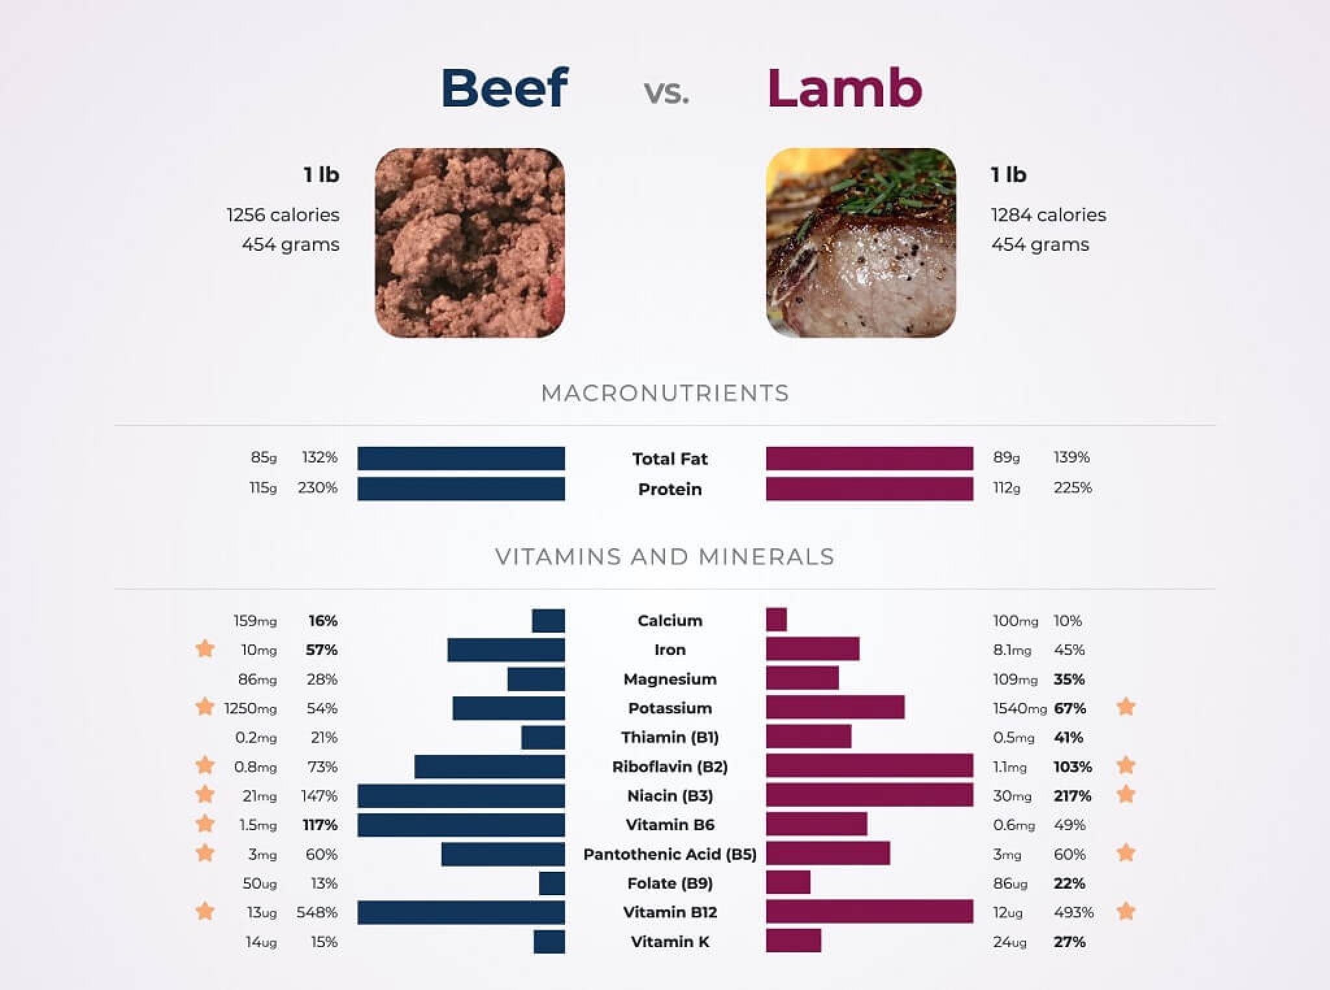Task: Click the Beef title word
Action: point(505,88)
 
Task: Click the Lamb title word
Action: point(844,88)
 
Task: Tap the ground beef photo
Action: point(470,243)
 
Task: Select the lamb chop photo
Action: point(860,243)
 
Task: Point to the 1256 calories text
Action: point(282,215)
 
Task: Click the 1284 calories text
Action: point(1048,215)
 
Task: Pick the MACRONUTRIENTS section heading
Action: point(665,393)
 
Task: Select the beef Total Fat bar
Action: point(461,458)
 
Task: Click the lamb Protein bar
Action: point(870,489)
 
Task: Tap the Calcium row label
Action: point(670,620)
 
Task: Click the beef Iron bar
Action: point(506,650)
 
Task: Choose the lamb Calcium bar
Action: point(776,620)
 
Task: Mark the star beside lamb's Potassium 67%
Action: point(1125,707)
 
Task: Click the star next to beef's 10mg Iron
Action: point(205,648)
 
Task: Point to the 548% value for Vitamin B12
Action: point(317,913)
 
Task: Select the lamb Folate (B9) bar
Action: point(788,883)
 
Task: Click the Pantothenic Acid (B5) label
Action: point(670,854)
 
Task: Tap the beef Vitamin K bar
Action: point(549,941)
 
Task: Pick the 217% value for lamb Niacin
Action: point(1072,796)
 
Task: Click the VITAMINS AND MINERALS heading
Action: point(665,557)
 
